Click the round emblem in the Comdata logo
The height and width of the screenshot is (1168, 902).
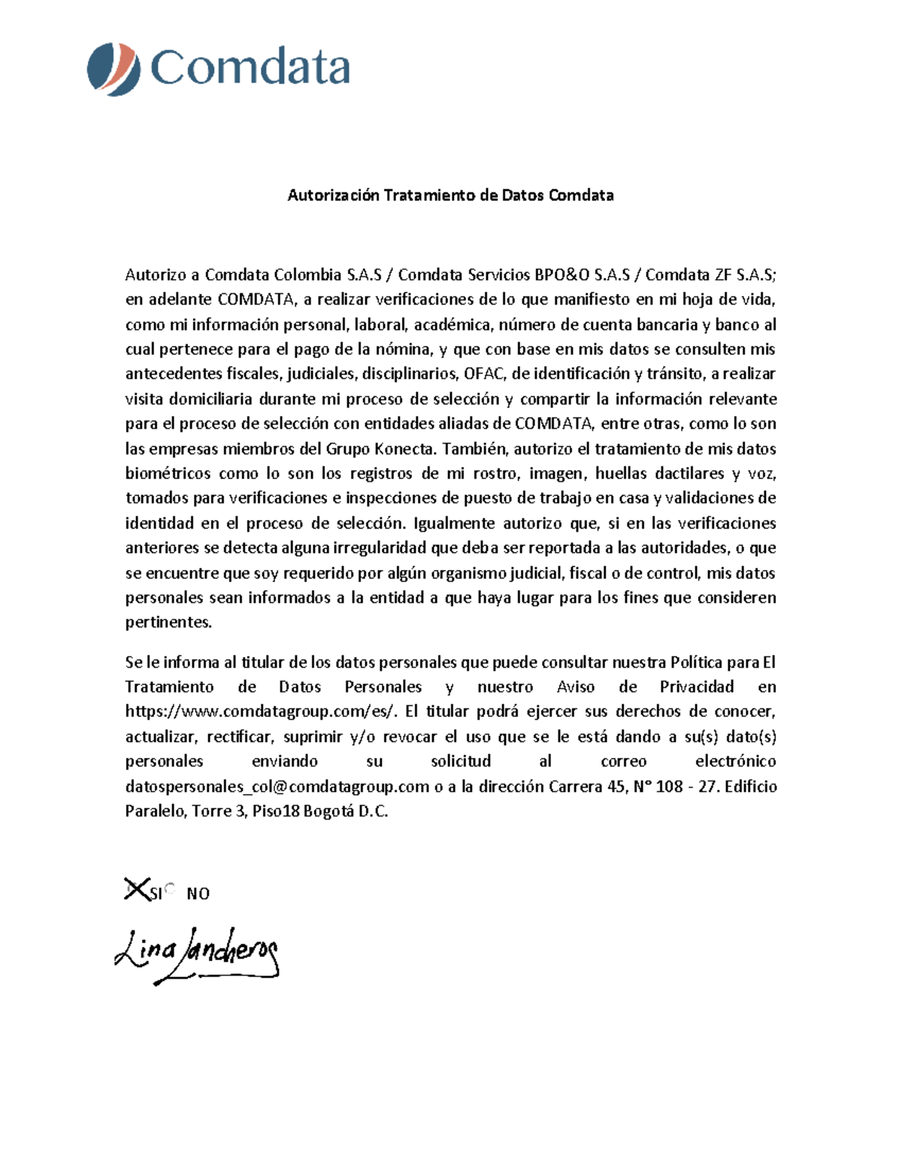(114, 69)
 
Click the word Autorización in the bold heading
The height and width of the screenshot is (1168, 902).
(333, 196)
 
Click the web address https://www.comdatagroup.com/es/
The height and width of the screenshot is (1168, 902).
(262, 711)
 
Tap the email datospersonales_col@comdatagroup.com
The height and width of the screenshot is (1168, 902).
(277, 787)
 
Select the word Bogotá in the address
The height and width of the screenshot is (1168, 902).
(328, 812)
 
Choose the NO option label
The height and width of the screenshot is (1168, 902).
(198, 893)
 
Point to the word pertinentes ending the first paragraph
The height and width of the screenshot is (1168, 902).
(168, 623)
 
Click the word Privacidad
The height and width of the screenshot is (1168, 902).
(696, 687)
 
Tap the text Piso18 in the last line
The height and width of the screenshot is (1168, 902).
(274, 812)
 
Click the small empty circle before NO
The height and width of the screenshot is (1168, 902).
(169, 888)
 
